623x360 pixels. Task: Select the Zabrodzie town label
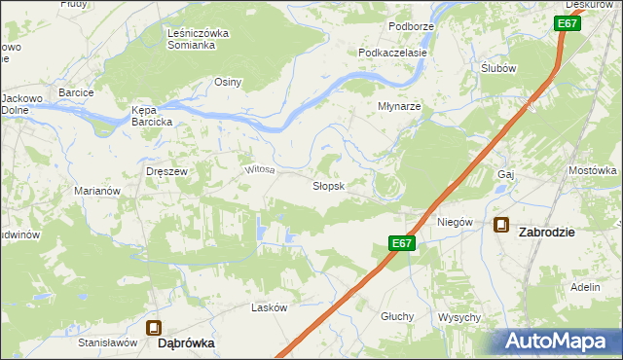pyautogui.click(x=560, y=232)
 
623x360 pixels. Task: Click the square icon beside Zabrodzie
pyautogui.click(x=501, y=225)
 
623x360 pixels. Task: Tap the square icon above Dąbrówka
pyautogui.click(x=154, y=329)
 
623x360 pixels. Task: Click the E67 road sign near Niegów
pyautogui.click(x=403, y=244)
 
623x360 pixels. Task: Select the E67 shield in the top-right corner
pyautogui.click(x=568, y=23)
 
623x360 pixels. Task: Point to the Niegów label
pyautogui.click(x=455, y=222)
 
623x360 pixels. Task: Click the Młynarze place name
pyautogui.click(x=399, y=107)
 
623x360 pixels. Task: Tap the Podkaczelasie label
pyautogui.click(x=393, y=53)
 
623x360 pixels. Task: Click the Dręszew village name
pyautogui.click(x=165, y=170)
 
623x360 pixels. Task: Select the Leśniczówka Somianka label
pyautogui.click(x=198, y=39)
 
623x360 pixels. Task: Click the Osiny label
pyautogui.click(x=228, y=82)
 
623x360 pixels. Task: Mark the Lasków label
pyautogui.click(x=270, y=307)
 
